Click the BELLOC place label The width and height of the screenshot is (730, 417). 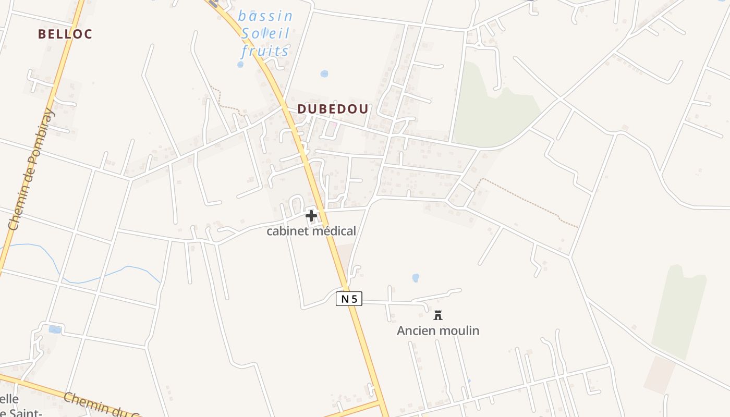point(65,34)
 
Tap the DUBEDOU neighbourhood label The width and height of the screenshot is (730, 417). point(333,109)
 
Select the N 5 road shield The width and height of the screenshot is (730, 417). point(349,299)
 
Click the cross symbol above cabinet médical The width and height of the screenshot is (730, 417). point(311,215)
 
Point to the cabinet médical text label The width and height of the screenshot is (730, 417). point(311,231)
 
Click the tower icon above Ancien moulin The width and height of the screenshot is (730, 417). point(438,315)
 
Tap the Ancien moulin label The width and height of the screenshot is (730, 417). point(438,330)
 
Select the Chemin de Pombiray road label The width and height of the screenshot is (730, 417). point(31,169)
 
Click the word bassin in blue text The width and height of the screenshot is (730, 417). point(265,16)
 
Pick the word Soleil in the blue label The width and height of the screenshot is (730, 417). point(265,33)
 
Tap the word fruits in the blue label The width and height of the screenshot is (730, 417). point(265,51)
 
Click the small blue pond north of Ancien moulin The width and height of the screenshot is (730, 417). point(416,278)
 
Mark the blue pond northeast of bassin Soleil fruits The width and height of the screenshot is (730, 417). point(324,73)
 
